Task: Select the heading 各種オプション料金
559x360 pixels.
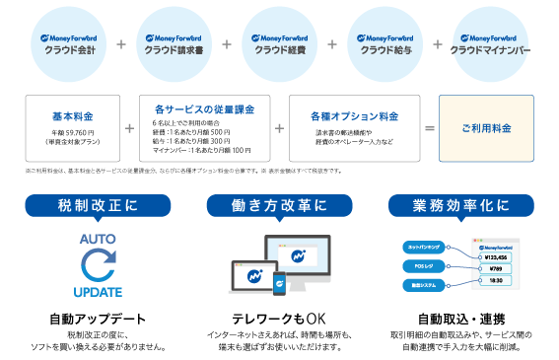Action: (357, 115)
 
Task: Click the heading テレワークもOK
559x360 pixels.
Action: (279, 320)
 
